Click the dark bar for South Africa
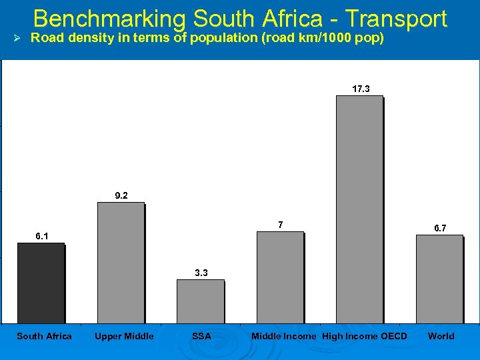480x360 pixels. click(41, 283)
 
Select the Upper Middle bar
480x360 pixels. click(121, 263)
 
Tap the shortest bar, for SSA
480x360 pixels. click(200, 301)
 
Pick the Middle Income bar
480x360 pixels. click(280, 277)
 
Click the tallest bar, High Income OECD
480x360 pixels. click(359, 209)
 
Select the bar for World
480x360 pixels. click(439, 279)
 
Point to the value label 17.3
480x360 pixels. click(361, 89)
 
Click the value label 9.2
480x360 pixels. click(121, 195)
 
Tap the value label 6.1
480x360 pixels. click(41, 235)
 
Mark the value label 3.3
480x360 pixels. click(201, 272)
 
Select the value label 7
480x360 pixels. click(281, 225)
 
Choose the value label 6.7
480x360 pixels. click(440, 228)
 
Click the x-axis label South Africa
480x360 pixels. click(44, 336)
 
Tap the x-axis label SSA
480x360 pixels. click(201, 336)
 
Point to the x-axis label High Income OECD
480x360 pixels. click(364, 336)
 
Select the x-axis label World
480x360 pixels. click(441, 336)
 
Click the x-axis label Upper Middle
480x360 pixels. click(124, 336)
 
